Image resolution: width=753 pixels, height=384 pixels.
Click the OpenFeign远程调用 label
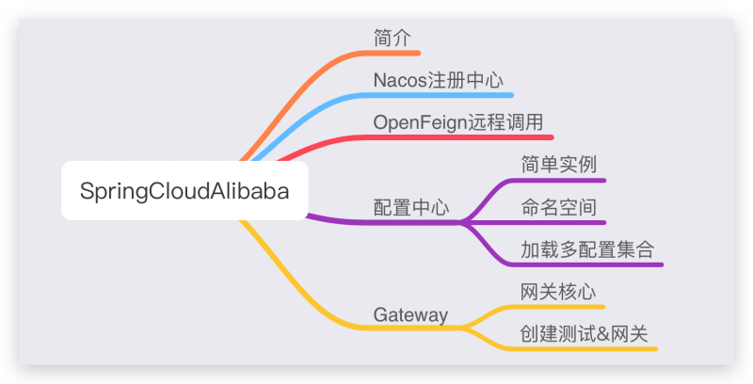tap(457, 122)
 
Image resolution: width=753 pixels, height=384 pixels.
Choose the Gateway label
tap(410, 314)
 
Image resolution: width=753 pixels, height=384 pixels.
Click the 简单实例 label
tap(559, 165)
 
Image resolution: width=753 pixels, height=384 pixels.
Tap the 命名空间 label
tap(559, 207)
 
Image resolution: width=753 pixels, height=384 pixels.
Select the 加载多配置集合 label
tap(587, 249)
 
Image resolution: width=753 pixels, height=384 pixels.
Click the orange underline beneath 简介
tap(395, 53)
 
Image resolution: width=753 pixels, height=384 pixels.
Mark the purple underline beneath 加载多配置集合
tap(593, 264)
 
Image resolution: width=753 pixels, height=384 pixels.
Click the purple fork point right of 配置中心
tap(462, 223)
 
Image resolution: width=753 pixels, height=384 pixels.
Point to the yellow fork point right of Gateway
tap(462, 328)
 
